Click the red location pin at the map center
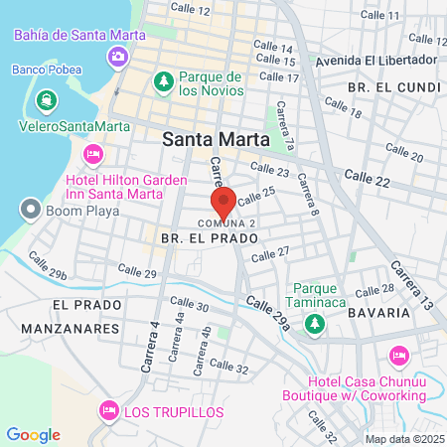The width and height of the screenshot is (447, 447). [x=223, y=202]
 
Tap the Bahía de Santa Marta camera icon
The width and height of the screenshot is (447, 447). [x=118, y=55]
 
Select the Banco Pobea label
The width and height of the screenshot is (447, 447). [x=45, y=70]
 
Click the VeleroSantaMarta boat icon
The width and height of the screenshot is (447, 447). [x=46, y=101]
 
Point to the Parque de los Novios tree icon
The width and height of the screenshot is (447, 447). [x=159, y=80]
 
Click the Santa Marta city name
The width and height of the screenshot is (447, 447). [x=213, y=139]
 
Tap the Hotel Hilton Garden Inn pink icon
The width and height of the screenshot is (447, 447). [x=92, y=154]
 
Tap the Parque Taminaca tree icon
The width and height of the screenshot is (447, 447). [x=314, y=322]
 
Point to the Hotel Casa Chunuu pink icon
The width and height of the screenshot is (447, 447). [x=399, y=355]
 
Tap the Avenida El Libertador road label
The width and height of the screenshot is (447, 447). [x=374, y=61]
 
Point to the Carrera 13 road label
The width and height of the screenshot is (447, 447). [x=411, y=283]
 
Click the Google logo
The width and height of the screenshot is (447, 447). [x=33, y=435]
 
